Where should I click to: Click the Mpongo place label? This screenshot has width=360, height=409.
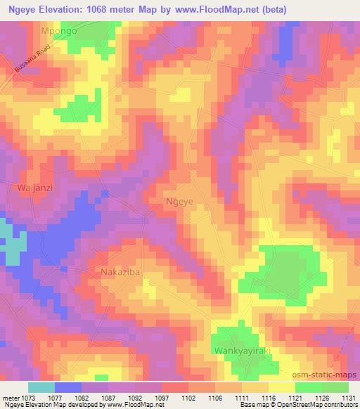60,32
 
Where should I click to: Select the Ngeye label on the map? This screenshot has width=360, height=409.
179,200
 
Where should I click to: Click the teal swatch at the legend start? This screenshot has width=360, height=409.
41,387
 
